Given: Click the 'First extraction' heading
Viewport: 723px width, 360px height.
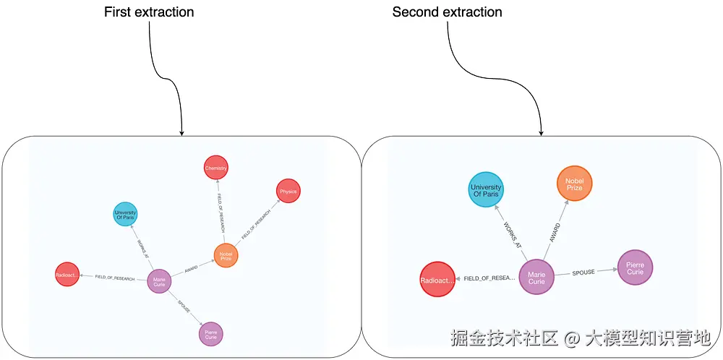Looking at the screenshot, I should [149, 12].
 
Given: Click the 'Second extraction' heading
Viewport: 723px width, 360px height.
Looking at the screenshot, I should [447, 12].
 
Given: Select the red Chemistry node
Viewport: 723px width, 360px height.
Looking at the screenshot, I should [216, 168].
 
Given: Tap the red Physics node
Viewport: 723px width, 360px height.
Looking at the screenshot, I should [288, 192].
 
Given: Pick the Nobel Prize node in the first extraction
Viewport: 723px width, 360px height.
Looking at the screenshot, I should [226, 255].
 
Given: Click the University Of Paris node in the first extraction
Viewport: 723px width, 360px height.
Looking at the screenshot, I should [125, 215].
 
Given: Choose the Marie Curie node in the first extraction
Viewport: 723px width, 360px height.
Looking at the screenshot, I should [159, 281].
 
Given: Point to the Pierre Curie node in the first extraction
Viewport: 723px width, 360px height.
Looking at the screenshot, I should [210, 334].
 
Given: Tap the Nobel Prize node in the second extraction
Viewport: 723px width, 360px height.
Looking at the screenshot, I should [574, 184].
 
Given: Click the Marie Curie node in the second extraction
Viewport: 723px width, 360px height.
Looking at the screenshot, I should [536, 278].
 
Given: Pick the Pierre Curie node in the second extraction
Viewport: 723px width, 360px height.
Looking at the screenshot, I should [635, 267].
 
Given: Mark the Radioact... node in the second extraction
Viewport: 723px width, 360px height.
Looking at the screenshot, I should [437, 279].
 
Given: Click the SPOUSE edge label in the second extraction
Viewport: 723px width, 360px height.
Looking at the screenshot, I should [583, 273].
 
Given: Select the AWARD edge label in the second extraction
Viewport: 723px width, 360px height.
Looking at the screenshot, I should [555, 231].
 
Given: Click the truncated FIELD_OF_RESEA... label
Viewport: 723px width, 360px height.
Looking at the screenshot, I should [489, 278].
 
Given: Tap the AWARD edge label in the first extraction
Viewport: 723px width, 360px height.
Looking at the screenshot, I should [191, 269].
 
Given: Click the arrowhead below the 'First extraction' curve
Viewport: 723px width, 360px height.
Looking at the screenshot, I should [181, 132].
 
